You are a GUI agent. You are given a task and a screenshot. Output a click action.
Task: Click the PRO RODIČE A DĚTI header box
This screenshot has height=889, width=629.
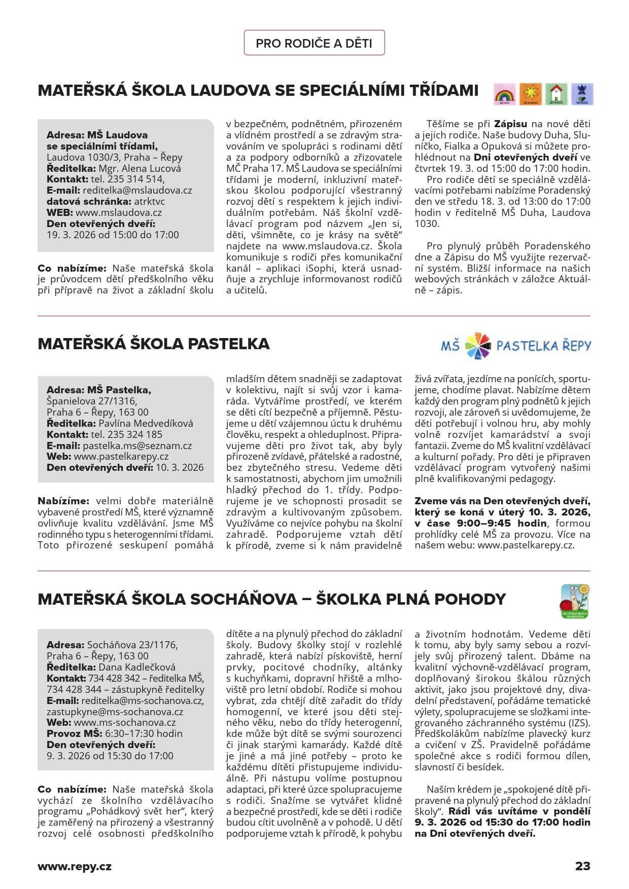click(314, 43)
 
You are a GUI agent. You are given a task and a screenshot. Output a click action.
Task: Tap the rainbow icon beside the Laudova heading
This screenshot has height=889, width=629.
click(504, 94)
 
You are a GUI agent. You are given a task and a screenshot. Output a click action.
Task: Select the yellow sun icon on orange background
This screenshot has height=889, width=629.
click(530, 94)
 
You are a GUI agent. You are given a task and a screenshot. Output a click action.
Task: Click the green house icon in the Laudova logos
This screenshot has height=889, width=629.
click(556, 94)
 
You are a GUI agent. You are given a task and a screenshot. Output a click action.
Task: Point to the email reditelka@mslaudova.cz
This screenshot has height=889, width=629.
click(137, 191)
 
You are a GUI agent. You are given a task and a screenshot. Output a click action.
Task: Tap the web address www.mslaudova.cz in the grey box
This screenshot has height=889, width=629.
click(119, 213)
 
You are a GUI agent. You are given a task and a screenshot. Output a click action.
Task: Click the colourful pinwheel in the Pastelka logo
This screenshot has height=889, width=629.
click(477, 346)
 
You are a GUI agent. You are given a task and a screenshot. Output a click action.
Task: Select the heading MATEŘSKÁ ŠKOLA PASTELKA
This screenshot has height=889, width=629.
click(154, 344)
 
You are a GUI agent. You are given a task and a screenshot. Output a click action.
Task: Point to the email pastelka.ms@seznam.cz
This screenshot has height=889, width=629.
click(137, 446)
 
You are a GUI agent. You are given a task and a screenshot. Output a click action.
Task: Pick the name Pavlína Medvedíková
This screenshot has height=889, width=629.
click(146, 423)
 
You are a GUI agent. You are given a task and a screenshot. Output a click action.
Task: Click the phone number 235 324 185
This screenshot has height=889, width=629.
click(126, 434)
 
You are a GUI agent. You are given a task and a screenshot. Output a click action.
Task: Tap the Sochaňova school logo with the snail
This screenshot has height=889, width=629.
click(575, 601)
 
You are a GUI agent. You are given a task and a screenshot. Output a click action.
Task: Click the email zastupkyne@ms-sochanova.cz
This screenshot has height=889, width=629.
click(115, 712)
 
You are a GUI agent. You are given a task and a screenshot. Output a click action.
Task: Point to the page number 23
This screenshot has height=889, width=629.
click(582, 866)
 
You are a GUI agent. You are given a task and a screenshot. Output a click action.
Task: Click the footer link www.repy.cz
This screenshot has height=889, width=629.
click(75, 866)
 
